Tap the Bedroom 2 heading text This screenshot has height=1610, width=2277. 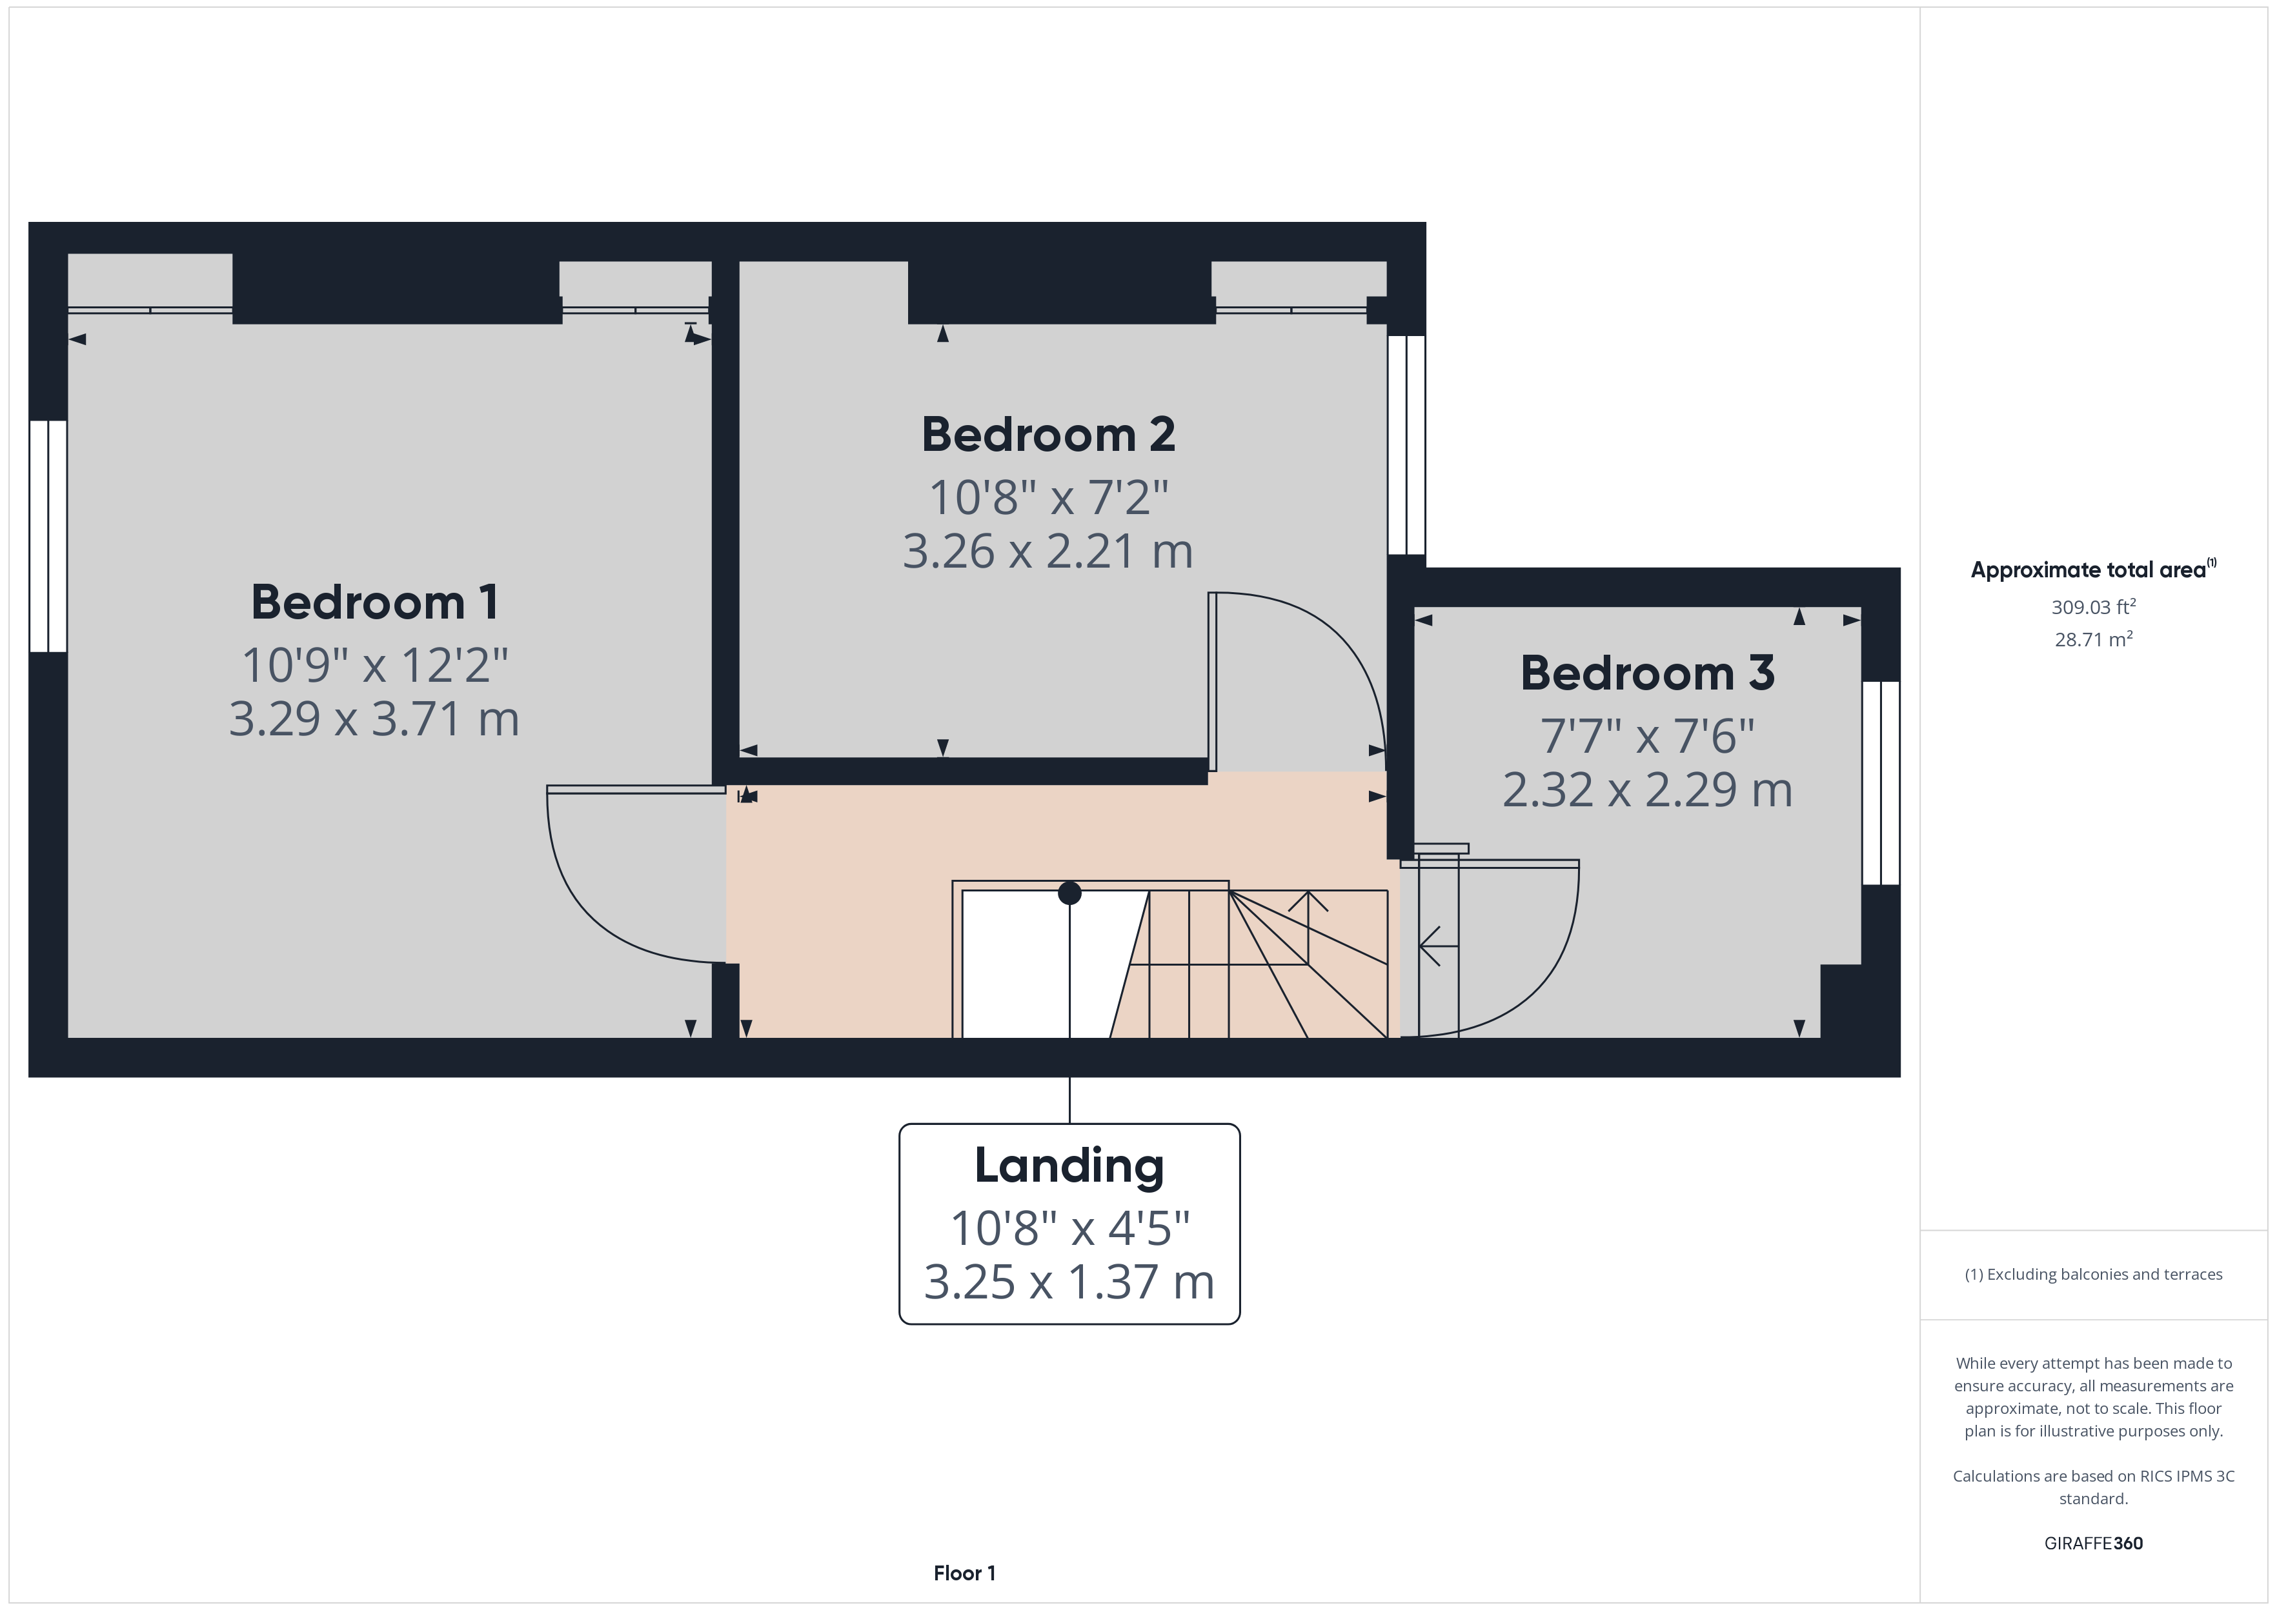(x=1048, y=434)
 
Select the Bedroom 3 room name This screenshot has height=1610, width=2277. (x=1647, y=673)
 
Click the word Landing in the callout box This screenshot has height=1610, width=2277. (x=1069, y=1166)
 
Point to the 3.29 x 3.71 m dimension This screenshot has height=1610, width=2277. (x=374, y=719)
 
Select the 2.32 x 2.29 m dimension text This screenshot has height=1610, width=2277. (x=1647, y=790)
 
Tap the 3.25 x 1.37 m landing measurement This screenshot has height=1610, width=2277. (x=1069, y=1282)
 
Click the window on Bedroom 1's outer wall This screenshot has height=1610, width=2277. (x=48, y=536)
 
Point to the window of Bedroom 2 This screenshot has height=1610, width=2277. (x=1406, y=445)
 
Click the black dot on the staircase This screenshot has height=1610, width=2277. (x=1069, y=893)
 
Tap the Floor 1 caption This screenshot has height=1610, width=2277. (x=964, y=1573)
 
